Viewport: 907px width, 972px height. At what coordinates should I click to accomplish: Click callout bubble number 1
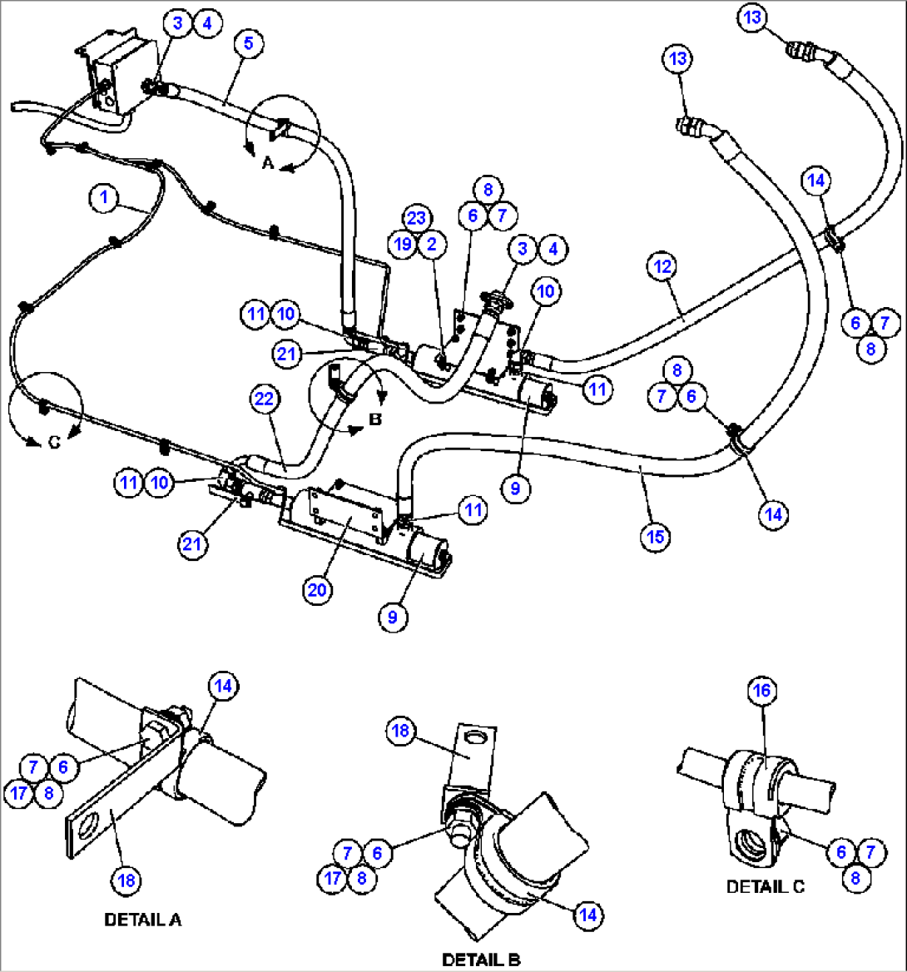click(x=103, y=198)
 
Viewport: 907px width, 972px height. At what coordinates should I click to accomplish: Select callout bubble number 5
click(x=248, y=43)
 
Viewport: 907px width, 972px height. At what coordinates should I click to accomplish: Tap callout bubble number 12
click(x=662, y=267)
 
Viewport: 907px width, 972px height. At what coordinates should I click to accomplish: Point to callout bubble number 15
click(x=656, y=537)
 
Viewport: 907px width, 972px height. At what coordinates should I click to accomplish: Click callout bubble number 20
click(x=319, y=590)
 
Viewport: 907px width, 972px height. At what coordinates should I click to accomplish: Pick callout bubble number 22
click(x=263, y=400)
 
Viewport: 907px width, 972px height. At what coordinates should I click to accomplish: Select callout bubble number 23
click(x=416, y=219)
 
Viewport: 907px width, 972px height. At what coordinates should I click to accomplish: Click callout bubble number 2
click(x=431, y=244)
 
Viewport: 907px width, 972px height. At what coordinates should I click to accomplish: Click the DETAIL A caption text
click(x=142, y=920)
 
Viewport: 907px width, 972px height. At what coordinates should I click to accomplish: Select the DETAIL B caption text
click(x=481, y=960)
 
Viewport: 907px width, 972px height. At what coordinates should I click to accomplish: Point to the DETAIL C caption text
click(x=766, y=887)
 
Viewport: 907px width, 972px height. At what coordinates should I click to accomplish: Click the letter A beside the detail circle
click(x=268, y=164)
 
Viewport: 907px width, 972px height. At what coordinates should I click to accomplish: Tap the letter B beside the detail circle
click(x=375, y=419)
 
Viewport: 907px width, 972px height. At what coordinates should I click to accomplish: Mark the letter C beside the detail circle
click(x=53, y=443)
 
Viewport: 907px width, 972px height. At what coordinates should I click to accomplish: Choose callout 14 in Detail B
click(x=588, y=915)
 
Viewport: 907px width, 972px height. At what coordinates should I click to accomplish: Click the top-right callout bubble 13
click(x=751, y=18)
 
